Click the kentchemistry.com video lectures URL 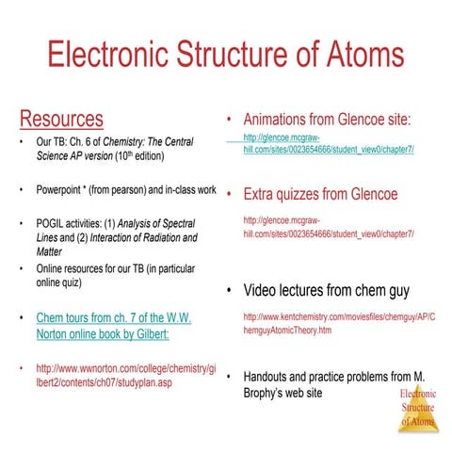pos(339,324)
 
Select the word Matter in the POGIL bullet pos(52,252)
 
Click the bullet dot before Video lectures pos(230,289)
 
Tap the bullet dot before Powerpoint pos(22,190)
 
